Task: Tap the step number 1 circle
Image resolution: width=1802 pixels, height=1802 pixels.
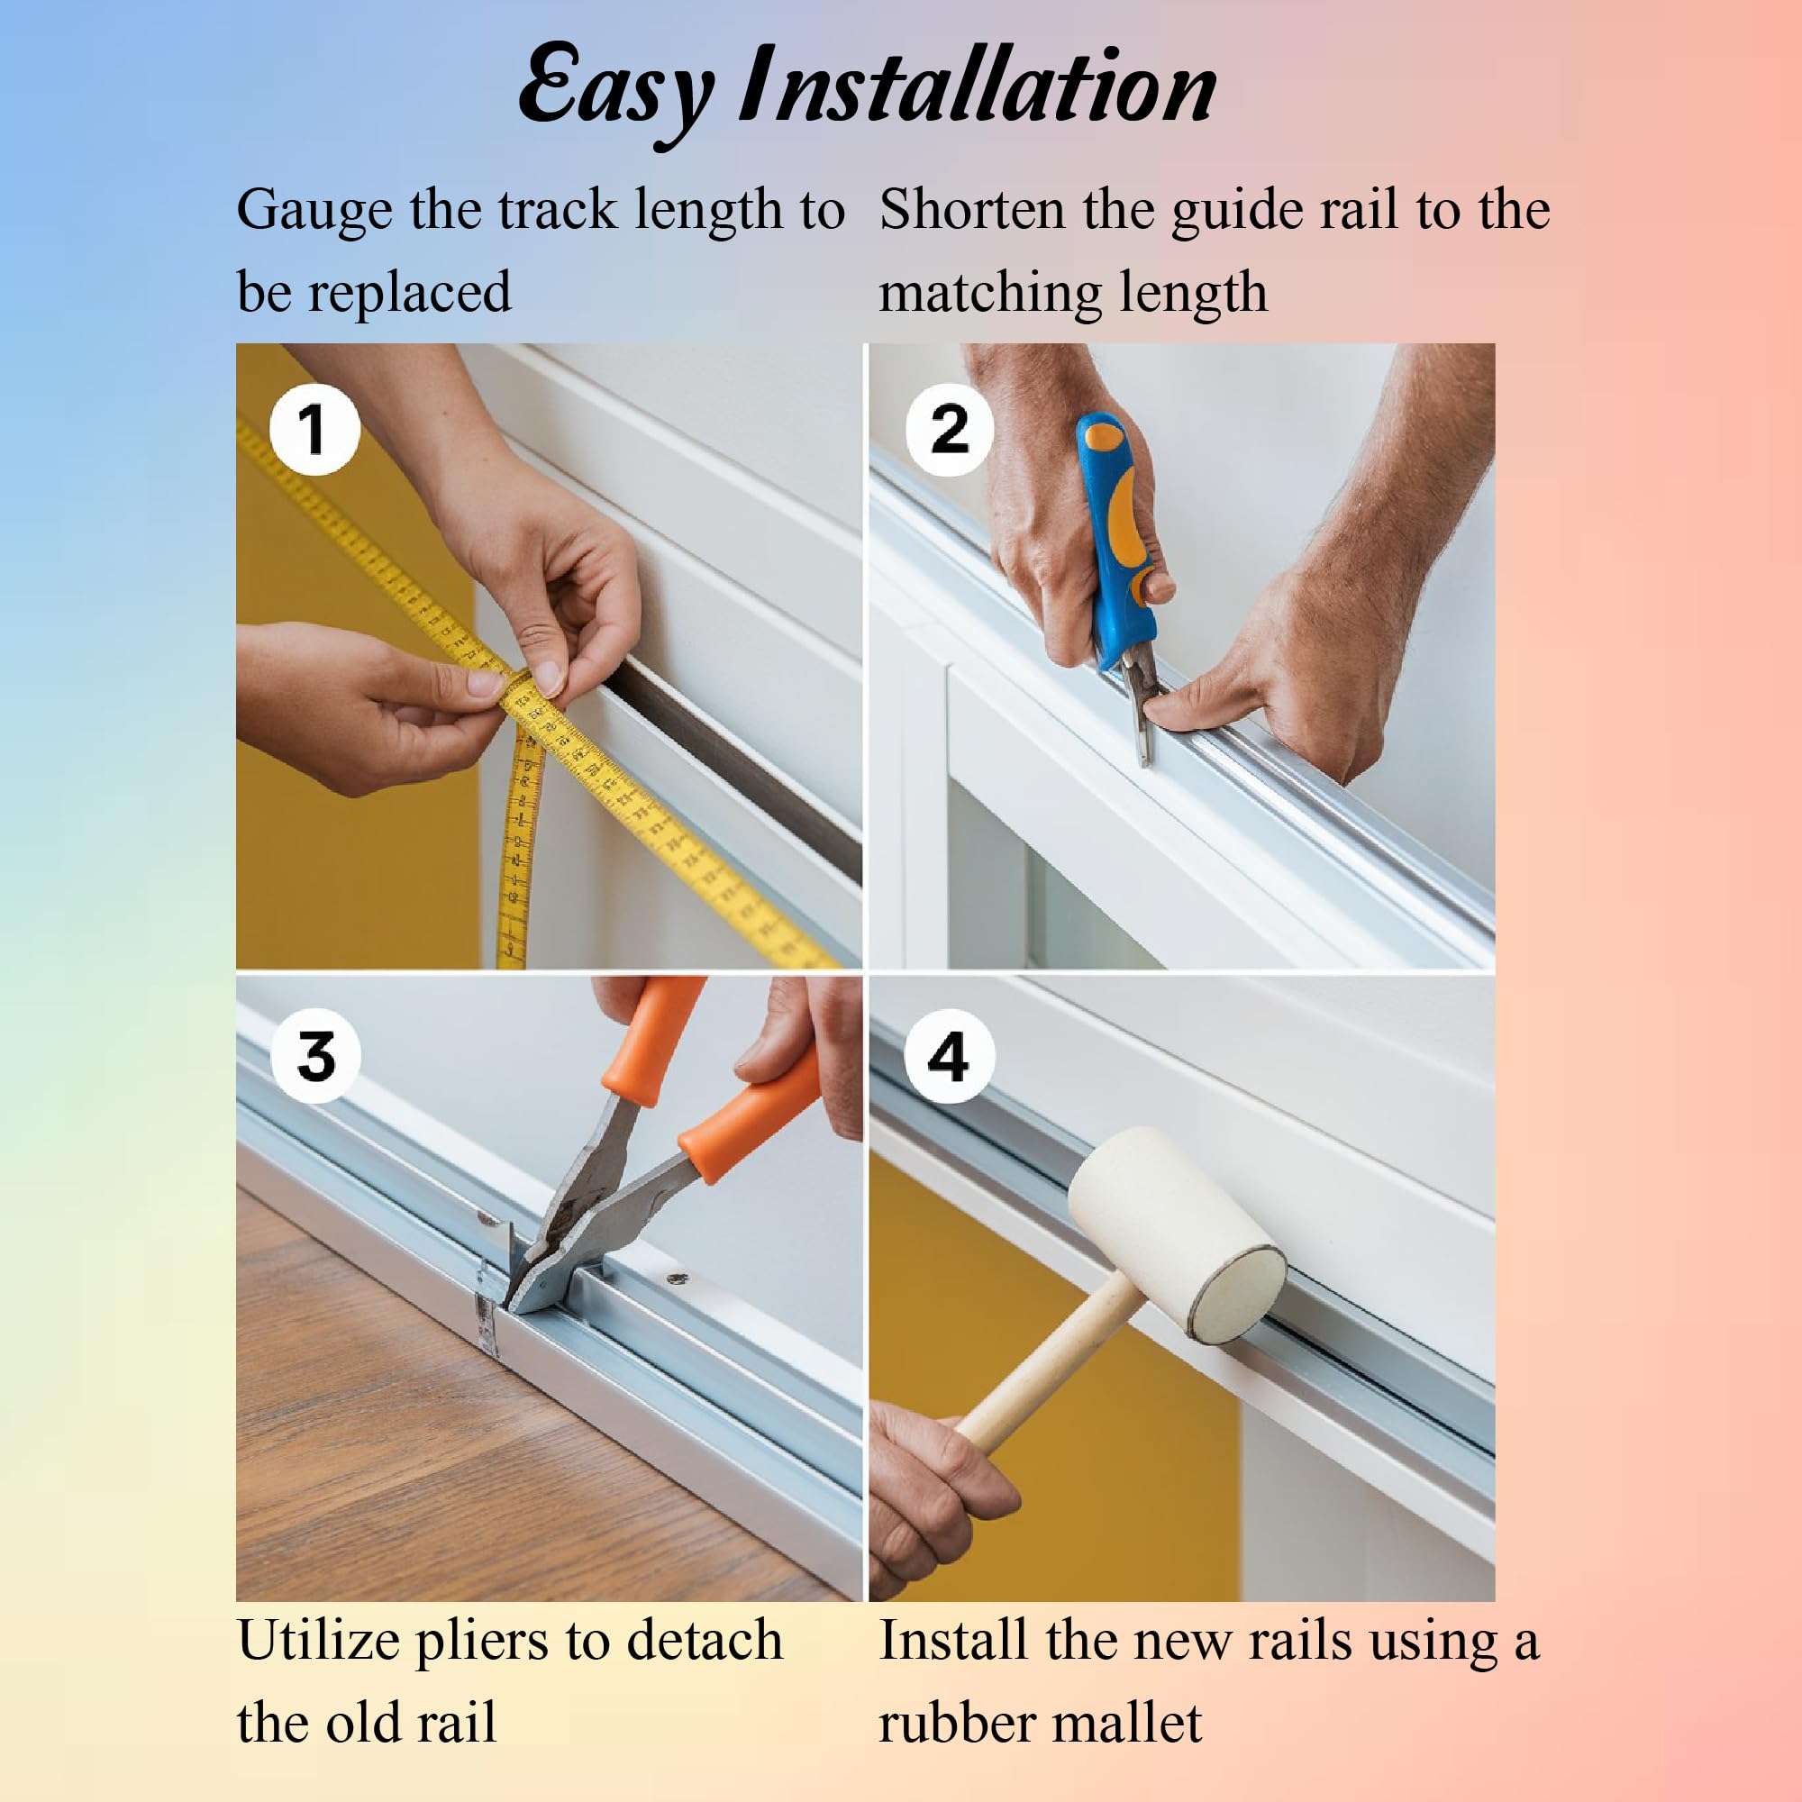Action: click(314, 430)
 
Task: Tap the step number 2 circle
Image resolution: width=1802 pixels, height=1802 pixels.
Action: click(950, 430)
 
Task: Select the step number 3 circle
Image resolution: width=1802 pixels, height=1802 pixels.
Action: click(315, 1057)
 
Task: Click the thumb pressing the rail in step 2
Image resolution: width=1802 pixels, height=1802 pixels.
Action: click(1185, 714)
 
